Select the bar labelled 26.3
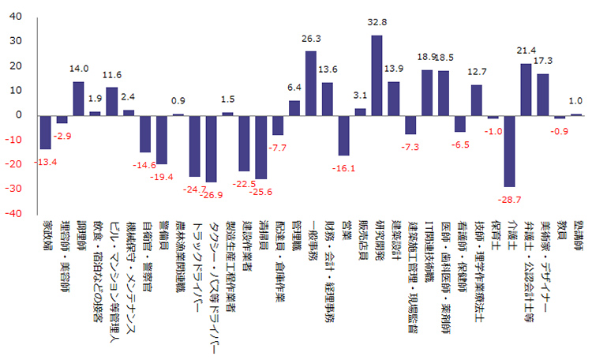coord(310,83)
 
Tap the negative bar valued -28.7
coord(509,151)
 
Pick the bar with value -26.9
coord(211,148)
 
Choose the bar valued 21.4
coord(526,89)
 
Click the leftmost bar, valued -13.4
coord(45,132)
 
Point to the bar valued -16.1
coord(343,135)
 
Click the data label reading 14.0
coord(79,69)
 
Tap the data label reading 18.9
coord(427,58)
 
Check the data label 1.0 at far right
coord(575,101)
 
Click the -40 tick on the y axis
coord(15,214)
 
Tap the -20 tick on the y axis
coord(15,165)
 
